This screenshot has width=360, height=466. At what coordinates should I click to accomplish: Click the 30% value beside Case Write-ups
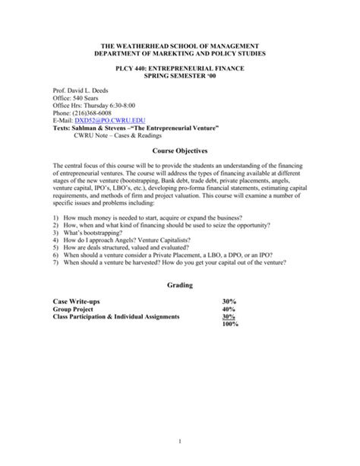tap(229, 302)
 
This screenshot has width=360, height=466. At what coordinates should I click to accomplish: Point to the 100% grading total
tap(231, 325)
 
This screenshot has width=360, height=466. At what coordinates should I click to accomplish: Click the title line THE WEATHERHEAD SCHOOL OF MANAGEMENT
tap(179, 47)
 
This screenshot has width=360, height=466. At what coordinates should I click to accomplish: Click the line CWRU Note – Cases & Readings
tap(125, 137)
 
